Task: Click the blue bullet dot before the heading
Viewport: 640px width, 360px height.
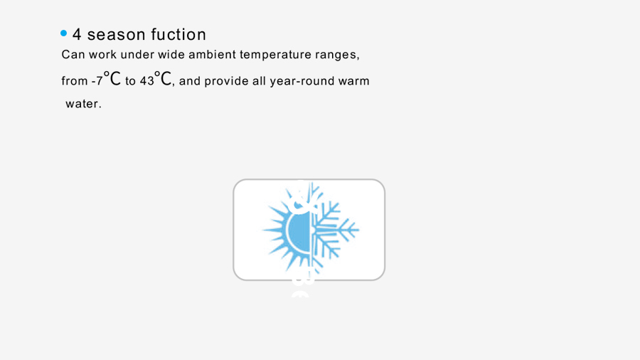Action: coord(64,33)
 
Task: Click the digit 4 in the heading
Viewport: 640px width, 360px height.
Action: coord(77,34)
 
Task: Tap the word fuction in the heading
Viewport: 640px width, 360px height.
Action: coord(178,34)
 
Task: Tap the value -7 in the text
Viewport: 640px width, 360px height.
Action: coord(97,81)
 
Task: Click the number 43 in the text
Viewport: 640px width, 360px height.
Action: coord(147,81)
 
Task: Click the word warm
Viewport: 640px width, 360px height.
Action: coord(354,81)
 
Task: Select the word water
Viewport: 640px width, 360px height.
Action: coord(83,104)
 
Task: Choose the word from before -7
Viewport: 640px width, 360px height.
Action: coord(75,81)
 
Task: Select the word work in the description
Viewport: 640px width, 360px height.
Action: coord(102,54)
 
